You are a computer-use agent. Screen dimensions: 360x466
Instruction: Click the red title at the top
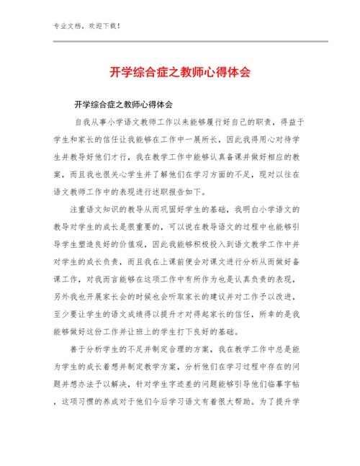tap(180, 73)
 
